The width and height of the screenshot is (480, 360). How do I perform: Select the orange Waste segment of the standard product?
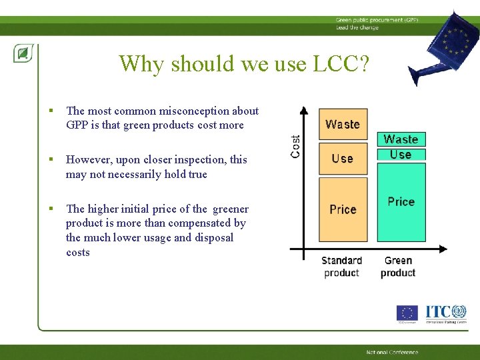coord(343,124)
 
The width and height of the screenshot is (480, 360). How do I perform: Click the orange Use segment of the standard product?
coord(343,158)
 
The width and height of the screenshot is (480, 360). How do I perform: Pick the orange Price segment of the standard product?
coord(343,209)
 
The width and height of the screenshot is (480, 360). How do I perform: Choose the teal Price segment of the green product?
coord(401,201)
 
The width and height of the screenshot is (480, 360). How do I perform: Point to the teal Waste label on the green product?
coord(401,139)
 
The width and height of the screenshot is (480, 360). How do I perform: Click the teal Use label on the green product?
coord(401,154)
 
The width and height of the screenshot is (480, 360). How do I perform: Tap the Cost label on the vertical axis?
coord(296,146)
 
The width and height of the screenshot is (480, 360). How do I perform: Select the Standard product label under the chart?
coord(341,267)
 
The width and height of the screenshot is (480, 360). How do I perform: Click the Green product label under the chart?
coord(398,267)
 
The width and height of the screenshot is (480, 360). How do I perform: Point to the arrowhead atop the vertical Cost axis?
coord(304,111)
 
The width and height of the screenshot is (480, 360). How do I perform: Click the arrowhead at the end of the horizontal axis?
coord(443,249)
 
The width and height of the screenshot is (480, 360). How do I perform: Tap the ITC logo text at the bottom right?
coord(438,311)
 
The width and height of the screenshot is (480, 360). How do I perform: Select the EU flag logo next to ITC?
coord(407,313)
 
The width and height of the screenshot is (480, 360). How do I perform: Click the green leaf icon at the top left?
coord(23,53)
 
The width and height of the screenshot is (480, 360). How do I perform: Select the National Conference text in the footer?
coord(392,352)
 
